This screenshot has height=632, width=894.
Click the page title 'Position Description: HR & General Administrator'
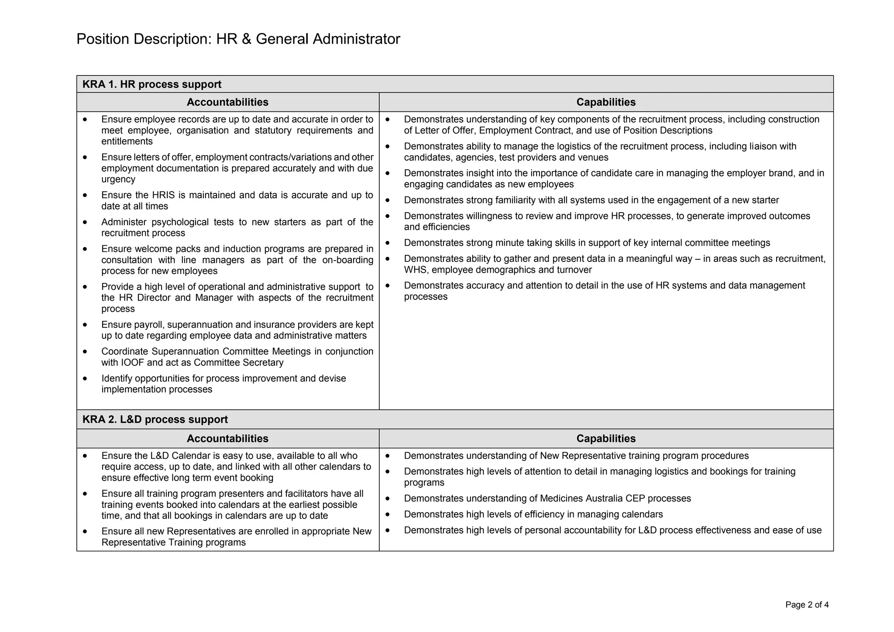pos(238,39)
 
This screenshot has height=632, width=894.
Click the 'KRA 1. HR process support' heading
pos(151,84)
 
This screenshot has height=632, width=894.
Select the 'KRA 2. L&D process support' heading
pos(155,419)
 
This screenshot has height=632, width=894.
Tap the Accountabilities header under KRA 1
pos(227,102)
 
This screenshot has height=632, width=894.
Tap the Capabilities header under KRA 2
pos(605,439)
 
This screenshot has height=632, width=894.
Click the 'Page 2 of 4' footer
pos(807,605)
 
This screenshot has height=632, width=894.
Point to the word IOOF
pos(132,363)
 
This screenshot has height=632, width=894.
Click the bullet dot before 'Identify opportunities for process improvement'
pos(85,378)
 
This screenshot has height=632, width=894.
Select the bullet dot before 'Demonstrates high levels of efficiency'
pos(387,515)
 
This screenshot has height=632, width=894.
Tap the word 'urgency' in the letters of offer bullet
pos(118,179)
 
